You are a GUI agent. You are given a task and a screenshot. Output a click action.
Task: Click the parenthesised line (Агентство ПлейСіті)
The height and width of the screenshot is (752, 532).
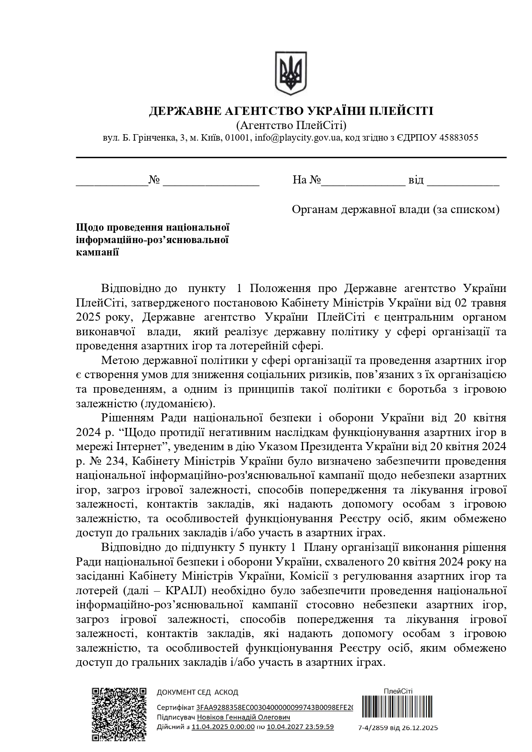(291, 125)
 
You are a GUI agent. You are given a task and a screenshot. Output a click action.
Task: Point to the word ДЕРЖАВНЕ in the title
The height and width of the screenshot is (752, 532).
(181, 111)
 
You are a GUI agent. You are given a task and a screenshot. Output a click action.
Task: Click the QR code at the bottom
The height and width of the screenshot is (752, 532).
(120, 714)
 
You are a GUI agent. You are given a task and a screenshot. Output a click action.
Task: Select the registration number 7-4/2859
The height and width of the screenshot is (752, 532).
(374, 728)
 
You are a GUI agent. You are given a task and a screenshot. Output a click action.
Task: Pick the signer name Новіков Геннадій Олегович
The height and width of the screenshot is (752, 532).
(243, 718)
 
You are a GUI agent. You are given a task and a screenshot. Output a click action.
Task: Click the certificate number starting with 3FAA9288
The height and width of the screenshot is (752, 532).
(274, 708)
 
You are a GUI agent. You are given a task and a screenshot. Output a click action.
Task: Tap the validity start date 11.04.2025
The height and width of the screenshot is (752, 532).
(223, 727)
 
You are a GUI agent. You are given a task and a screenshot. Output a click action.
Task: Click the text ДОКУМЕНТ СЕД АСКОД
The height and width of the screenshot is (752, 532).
(197, 692)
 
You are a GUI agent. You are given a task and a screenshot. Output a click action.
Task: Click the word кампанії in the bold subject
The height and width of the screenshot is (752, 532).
(97, 252)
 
